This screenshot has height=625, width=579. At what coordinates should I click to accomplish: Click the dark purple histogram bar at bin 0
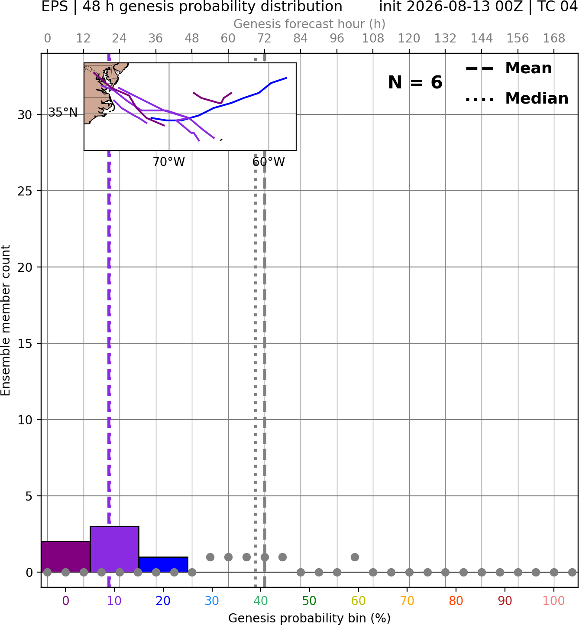(x=65, y=557)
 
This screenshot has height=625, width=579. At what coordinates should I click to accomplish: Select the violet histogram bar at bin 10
(x=114, y=549)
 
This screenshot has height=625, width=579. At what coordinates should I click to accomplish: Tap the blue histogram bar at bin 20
(x=163, y=564)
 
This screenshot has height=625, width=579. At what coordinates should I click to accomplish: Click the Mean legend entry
(x=508, y=68)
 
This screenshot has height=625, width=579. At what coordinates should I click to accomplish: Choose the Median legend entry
(x=517, y=98)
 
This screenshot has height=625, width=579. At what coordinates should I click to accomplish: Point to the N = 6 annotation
(x=415, y=82)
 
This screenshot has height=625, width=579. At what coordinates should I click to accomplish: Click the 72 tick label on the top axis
(x=264, y=39)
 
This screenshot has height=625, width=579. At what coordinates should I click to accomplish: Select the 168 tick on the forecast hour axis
(x=554, y=39)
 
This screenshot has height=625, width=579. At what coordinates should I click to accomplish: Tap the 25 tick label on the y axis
(x=25, y=191)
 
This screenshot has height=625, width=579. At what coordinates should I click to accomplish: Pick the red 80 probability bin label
(x=456, y=601)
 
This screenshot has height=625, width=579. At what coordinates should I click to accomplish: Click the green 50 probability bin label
(x=310, y=601)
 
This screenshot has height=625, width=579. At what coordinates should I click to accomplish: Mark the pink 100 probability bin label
(x=554, y=601)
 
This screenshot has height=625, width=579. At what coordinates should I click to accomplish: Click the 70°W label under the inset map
(x=169, y=162)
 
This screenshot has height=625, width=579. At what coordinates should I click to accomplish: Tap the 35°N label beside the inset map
(x=63, y=112)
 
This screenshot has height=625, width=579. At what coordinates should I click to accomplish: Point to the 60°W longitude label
(x=268, y=162)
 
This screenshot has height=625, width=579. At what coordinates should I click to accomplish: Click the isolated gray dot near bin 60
(x=355, y=557)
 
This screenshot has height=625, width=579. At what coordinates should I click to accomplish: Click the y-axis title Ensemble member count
(x=5, y=320)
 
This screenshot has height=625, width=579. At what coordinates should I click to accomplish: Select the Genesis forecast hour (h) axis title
(x=310, y=24)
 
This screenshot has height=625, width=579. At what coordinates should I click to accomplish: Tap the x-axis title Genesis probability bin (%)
(x=310, y=618)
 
